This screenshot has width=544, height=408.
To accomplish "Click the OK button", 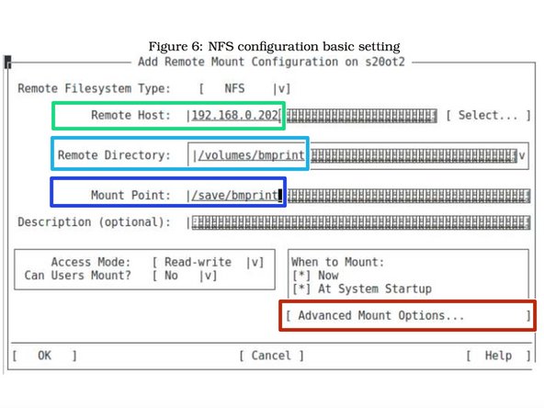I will [44, 356].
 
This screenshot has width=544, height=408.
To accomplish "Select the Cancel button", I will [271, 356].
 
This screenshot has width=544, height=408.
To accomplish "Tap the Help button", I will [498, 356].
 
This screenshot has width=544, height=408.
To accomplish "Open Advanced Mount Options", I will [381, 315].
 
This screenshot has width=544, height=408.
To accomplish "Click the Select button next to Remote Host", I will [488, 116].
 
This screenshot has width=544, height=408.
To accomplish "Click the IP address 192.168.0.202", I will [236, 116].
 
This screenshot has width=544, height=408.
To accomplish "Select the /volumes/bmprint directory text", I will [248, 155].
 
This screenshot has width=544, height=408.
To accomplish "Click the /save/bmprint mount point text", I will [232, 195].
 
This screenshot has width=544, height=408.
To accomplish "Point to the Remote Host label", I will [130, 116].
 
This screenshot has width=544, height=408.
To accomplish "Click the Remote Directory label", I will [114, 155].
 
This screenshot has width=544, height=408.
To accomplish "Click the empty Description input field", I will [358, 222].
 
